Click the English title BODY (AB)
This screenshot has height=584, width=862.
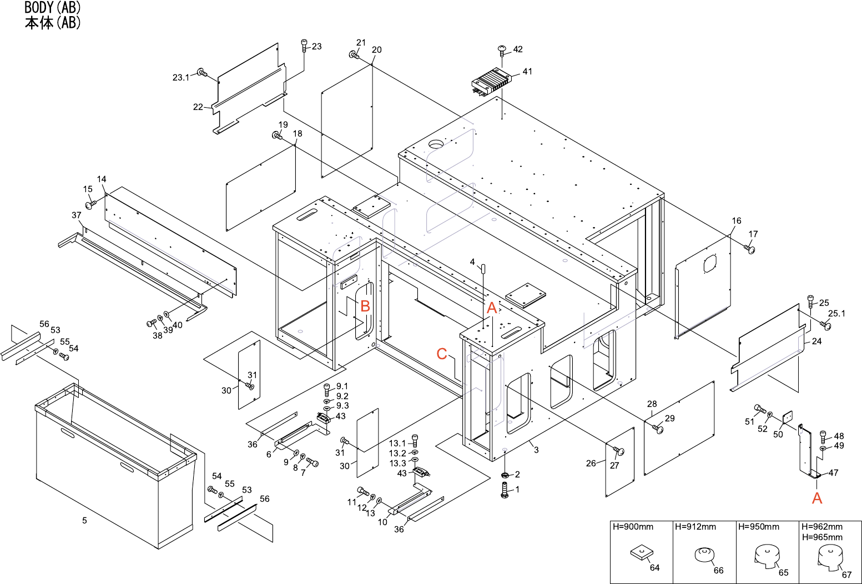(52, 7)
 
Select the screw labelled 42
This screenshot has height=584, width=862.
(502, 51)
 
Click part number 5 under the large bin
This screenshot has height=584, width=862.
(85, 521)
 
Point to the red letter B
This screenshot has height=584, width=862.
(365, 306)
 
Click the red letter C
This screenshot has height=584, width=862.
(442, 354)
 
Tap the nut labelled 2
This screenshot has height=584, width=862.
(505, 475)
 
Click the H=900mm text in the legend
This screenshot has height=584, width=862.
(633, 527)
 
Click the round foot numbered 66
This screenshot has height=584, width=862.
(704, 555)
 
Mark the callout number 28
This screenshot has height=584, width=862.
(652, 404)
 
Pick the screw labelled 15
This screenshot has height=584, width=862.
(92, 204)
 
